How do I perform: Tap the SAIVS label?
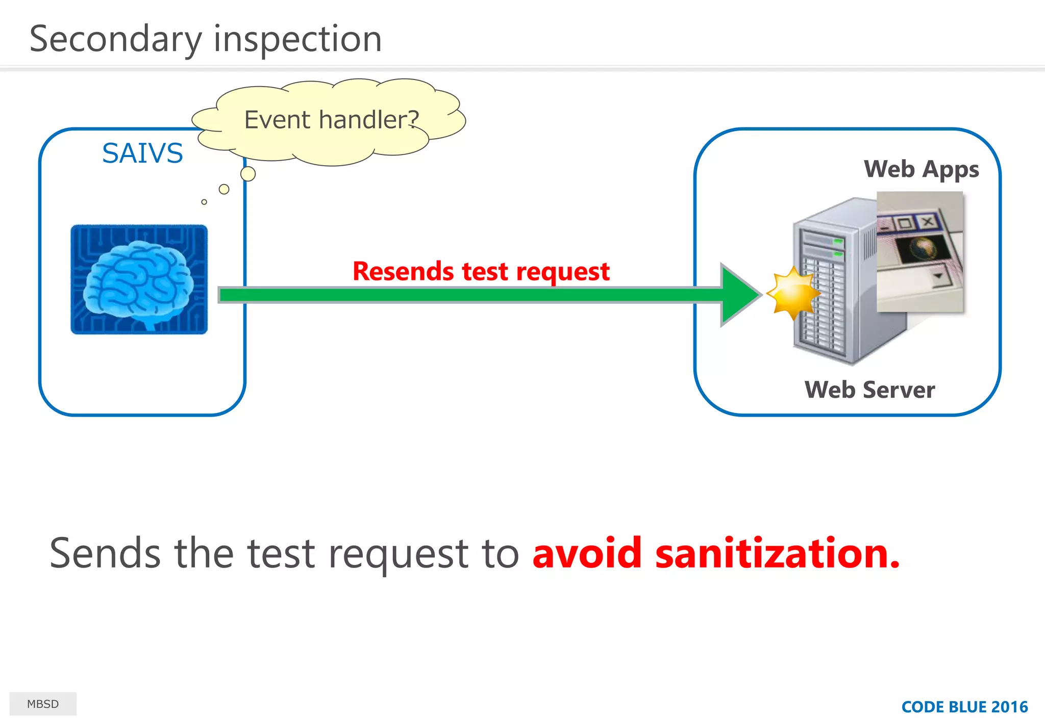142,153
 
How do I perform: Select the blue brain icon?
139,279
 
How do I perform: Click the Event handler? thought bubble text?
331,120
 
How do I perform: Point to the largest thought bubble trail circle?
248,174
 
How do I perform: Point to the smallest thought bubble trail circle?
204,202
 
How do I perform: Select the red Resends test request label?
481,271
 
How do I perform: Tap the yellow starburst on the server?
792,294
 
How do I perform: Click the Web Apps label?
921,169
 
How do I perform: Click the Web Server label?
869,390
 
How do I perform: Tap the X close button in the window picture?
928,222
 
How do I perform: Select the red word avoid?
587,554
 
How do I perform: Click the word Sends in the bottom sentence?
105,554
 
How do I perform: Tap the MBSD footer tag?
43,704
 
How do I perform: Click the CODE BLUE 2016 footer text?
964,707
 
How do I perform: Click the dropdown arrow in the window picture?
938,277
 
